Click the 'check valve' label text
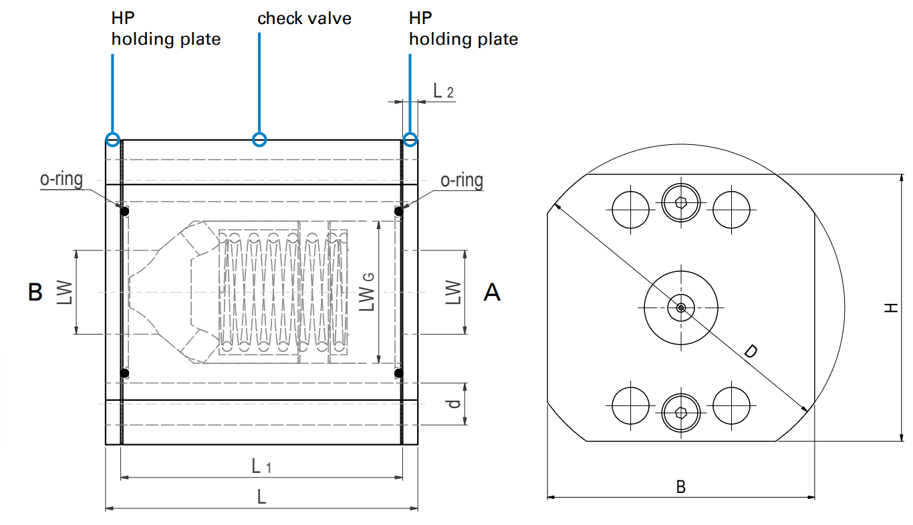pos(304,18)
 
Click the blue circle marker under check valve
pos(259,140)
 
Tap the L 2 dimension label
pos(443,91)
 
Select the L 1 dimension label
pos(261,466)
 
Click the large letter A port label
pos(492,292)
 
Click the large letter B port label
pos(35,292)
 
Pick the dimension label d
pos(454,404)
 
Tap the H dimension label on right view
pos(890,307)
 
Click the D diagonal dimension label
pos(751,351)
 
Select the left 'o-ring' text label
pos(61,180)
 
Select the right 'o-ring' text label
pos(462,180)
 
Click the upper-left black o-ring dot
pos(125,211)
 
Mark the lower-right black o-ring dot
pos(399,373)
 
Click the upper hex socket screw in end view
pos(680,202)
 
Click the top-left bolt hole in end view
pos(630,209)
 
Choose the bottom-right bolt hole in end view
pos(731,405)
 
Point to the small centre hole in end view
pos(680,307)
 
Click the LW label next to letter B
pos(65,292)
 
